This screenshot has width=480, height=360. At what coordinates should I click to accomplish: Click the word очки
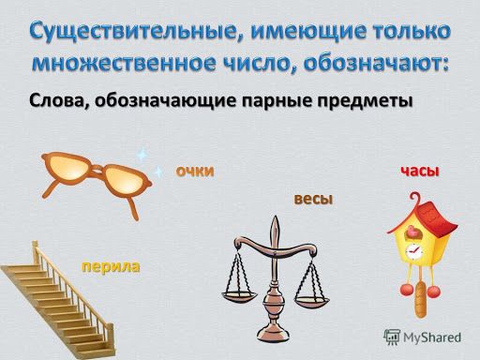195,170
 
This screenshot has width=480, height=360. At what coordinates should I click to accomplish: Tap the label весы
313,199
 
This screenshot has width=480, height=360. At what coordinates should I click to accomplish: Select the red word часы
419,171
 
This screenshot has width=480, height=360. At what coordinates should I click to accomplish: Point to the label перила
111,266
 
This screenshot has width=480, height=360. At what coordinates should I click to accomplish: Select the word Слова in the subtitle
58,100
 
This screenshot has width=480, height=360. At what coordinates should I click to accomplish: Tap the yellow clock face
412,250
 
